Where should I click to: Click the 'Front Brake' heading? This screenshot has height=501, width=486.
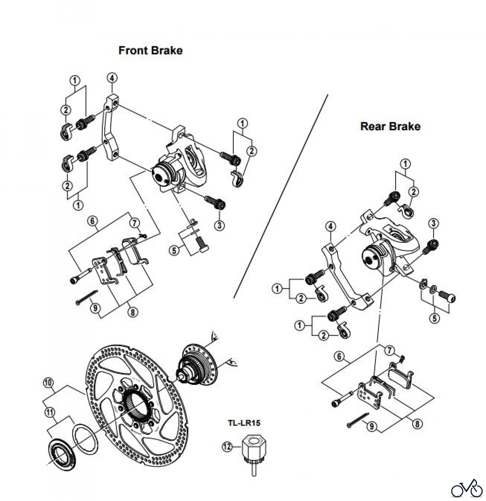tap(150, 50)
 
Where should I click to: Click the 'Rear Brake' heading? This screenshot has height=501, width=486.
tap(390, 126)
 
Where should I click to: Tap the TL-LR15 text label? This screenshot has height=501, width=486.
tap(244, 423)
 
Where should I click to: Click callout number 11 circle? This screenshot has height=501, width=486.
tap(50, 412)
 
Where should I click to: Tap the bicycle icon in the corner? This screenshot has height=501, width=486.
tap(467, 487)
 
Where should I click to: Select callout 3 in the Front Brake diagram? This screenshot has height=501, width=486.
tap(220, 225)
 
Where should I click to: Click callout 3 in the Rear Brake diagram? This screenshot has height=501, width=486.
tap(434, 223)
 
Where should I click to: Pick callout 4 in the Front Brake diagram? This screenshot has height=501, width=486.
tap(112, 78)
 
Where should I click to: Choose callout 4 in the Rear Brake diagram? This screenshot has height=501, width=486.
tap(330, 227)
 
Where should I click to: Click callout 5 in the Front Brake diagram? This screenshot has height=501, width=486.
tap(174, 250)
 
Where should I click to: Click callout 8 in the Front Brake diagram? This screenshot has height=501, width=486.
tap(132, 312)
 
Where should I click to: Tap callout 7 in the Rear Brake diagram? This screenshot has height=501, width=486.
tap(389, 350)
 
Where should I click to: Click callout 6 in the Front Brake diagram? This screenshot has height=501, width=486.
tap(92, 221)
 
